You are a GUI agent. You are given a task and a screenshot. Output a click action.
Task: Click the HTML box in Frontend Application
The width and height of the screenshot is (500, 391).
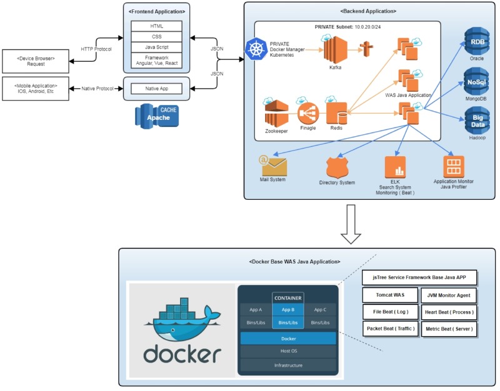157,26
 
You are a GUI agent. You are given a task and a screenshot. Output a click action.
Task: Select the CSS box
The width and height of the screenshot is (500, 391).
157,37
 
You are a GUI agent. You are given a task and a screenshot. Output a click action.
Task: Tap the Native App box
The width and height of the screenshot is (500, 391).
157,89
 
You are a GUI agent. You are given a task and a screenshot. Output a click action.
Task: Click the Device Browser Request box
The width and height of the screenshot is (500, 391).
36,61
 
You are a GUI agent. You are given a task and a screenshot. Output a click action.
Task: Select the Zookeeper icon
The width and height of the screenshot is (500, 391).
276,113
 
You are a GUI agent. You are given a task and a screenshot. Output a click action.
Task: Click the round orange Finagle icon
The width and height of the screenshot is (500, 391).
307,113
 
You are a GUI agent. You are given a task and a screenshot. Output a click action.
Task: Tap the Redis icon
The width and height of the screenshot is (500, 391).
337,113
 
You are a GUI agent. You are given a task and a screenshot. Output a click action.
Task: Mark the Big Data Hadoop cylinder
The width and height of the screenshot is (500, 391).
477,120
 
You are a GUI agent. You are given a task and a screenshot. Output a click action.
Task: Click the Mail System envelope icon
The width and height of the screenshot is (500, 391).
273,166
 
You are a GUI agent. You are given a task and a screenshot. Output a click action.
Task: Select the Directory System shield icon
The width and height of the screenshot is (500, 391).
337,167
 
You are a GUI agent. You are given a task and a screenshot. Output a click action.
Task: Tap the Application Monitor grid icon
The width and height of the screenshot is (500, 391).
453,167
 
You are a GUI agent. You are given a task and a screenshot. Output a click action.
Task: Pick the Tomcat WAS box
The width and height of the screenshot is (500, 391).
390,295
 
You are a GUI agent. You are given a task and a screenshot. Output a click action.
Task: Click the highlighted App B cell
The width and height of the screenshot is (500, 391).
287,309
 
